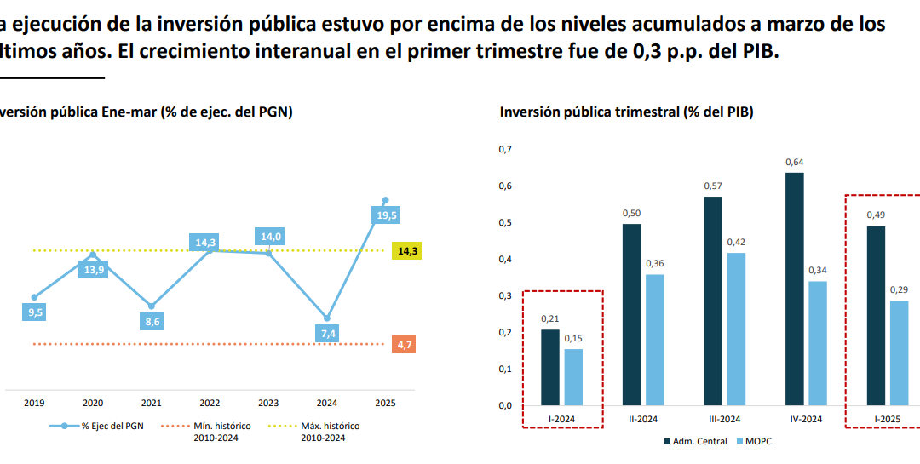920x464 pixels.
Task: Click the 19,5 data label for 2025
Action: [387, 215]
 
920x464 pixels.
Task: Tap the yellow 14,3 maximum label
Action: [407, 251]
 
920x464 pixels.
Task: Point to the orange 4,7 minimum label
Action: [405, 345]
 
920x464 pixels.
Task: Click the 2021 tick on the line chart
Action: [151, 404]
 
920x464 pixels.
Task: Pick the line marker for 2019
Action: [34, 297]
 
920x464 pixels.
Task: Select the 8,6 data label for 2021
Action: [152, 322]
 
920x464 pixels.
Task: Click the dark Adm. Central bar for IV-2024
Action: [794, 289]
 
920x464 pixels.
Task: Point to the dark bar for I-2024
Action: [549, 367]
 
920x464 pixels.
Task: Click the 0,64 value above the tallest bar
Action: [794, 162]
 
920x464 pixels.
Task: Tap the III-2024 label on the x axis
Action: [723, 418]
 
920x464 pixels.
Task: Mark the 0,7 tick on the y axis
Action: [504, 150]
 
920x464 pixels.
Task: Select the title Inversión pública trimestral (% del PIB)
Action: [626, 112]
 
